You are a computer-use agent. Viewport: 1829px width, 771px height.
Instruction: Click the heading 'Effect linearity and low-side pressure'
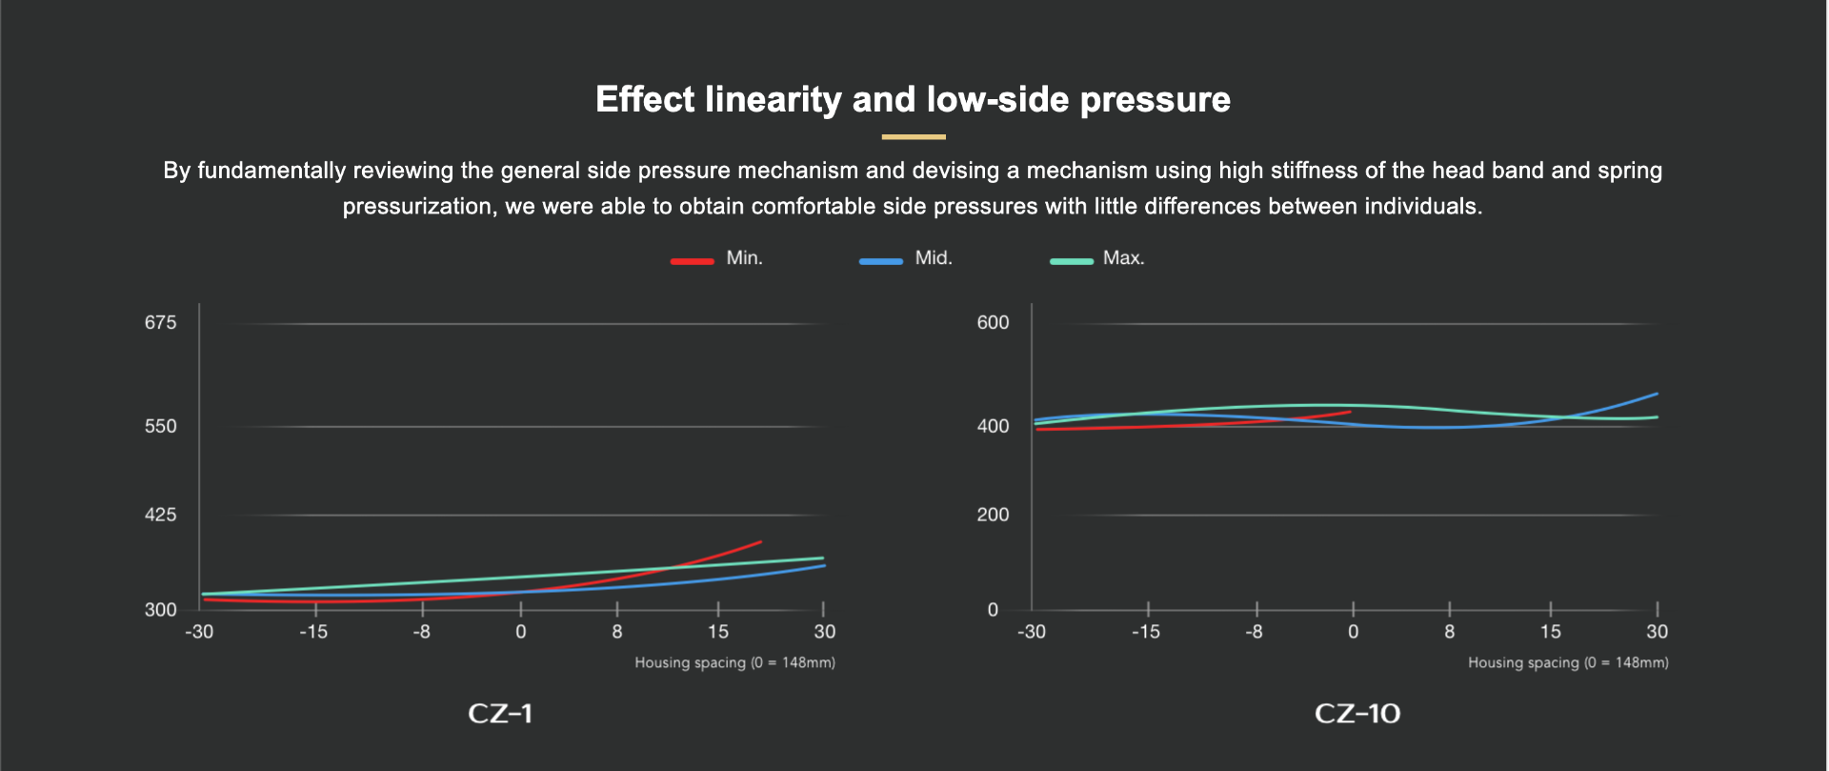[x=913, y=99]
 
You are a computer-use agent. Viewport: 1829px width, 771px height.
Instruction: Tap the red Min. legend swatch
[x=692, y=260]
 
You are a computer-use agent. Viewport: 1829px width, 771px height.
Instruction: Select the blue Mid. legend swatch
[x=880, y=260]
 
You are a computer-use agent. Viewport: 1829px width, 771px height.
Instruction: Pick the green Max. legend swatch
[x=1071, y=260]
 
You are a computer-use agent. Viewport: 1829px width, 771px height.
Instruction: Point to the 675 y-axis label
[x=160, y=323]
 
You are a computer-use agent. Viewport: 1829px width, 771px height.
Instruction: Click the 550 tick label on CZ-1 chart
[x=160, y=426]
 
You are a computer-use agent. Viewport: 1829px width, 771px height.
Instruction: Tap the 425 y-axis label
[x=160, y=515]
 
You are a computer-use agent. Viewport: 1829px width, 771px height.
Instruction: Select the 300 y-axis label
[x=160, y=610]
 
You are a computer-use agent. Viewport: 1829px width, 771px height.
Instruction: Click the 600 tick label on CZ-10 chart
[x=993, y=323]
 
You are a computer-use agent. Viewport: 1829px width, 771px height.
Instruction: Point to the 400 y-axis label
[x=993, y=426]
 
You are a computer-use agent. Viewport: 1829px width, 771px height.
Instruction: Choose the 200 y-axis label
[x=993, y=515]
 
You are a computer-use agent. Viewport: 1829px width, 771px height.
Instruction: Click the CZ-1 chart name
[x=500, y=714]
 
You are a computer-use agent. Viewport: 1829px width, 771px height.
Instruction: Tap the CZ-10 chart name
[x=1357, y=714]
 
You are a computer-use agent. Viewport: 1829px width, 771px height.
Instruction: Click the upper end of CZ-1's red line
[x=760, y=542]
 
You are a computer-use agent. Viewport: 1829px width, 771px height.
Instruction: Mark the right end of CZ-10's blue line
[x=1657, y=394]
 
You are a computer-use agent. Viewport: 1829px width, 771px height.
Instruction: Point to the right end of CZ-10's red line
[x=1350, y=412]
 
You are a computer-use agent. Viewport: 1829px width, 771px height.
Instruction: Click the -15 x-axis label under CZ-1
[x=313, y=632]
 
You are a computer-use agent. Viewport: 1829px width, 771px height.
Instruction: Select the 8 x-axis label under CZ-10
[x=1449, y=632]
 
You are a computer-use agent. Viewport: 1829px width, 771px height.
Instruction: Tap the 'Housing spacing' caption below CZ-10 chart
[x=1568, y=662]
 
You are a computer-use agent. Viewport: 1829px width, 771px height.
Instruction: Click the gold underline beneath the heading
[x=913, y=137]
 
